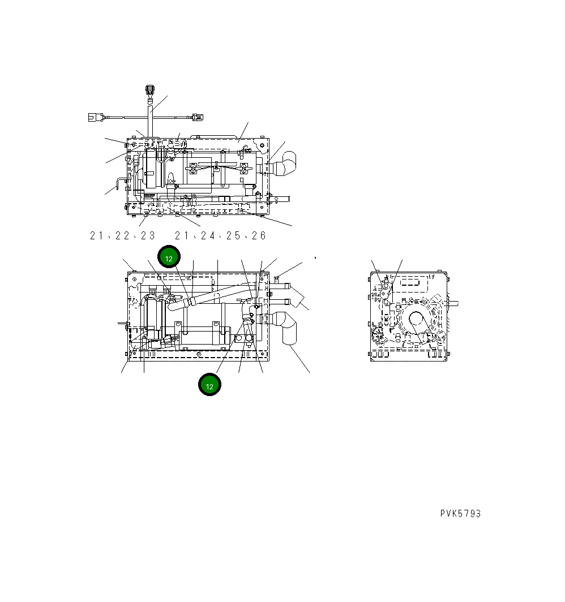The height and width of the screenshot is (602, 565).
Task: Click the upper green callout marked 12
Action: click(x=169, y=257)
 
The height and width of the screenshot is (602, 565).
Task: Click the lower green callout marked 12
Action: click(x=209, y=385)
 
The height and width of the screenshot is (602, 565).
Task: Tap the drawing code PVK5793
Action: click(x=460, y=514)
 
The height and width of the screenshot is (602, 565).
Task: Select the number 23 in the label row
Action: click(x=148, y=235)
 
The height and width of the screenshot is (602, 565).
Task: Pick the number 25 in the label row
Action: click(x=233, y=235)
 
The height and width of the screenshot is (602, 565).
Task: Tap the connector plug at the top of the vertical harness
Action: click(x=150, y=90)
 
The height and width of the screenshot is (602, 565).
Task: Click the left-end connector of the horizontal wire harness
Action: click(x=93, y=118)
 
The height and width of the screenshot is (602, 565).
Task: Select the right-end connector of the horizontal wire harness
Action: click(x=196, y=117)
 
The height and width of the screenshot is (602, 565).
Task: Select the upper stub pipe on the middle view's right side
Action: click(x=280, y=287)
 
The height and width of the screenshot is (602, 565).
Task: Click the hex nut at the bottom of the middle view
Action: click(x=239, y=338)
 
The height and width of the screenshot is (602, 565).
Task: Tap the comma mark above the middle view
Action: click(x=314, y=257)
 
